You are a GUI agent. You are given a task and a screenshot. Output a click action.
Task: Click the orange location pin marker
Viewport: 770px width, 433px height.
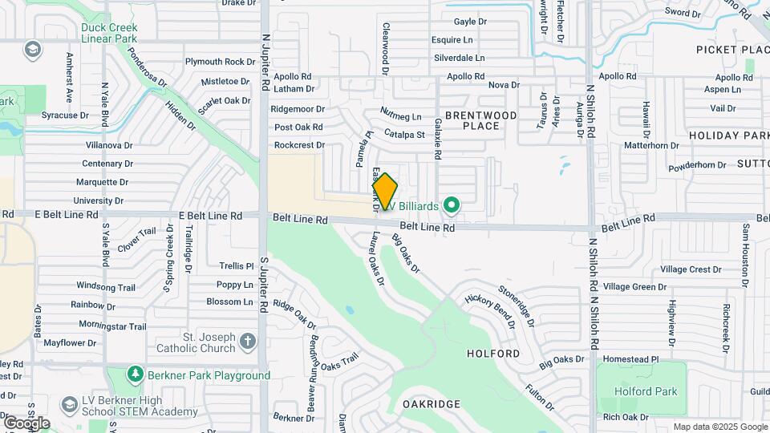(x=385, y=191)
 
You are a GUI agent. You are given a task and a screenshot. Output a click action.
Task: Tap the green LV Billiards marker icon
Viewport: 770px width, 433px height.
(x=452, y=206)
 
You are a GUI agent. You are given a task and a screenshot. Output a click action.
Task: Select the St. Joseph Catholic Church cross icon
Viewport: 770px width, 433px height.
(x=248, y=342)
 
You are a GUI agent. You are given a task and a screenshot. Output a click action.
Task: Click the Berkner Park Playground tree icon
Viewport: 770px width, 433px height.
(x=135, y=375)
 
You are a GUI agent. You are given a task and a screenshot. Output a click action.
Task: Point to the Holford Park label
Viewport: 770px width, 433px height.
(x=646, y=391)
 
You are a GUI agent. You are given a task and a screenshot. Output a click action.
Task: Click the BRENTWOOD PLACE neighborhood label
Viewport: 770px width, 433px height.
(x=481, y=120)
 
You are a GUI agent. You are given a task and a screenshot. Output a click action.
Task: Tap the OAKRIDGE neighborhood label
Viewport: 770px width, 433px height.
(x=431, y=403)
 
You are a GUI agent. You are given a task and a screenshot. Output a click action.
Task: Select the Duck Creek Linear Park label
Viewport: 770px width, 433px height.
(x=109, y=32)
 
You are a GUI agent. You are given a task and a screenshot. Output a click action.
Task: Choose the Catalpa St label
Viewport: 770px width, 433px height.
(x=403, y=133)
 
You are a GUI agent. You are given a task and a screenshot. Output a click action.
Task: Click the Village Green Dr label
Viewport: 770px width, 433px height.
(x=635, y=286)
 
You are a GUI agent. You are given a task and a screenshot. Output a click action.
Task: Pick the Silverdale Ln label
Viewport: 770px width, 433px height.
(x=460, y=58)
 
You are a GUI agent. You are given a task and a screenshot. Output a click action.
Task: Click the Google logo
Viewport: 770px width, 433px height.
(x=26, y=423)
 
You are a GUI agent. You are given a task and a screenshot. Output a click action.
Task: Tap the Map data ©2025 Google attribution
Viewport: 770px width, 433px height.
(x=720, y=427)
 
